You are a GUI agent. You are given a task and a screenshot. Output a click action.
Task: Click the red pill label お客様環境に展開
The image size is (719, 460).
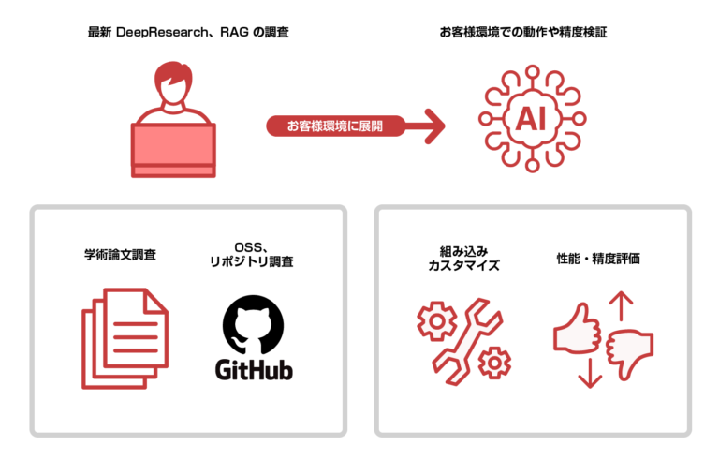pos(334,125)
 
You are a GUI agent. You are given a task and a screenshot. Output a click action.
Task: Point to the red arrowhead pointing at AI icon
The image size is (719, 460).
pos(433,125)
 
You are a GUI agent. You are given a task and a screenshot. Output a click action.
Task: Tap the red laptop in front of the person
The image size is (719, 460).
pos(175,148)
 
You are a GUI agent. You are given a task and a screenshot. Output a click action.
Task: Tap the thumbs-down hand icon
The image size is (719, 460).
pos(628,349)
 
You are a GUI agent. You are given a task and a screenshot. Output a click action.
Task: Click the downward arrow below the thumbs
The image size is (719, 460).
pos(588,373)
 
